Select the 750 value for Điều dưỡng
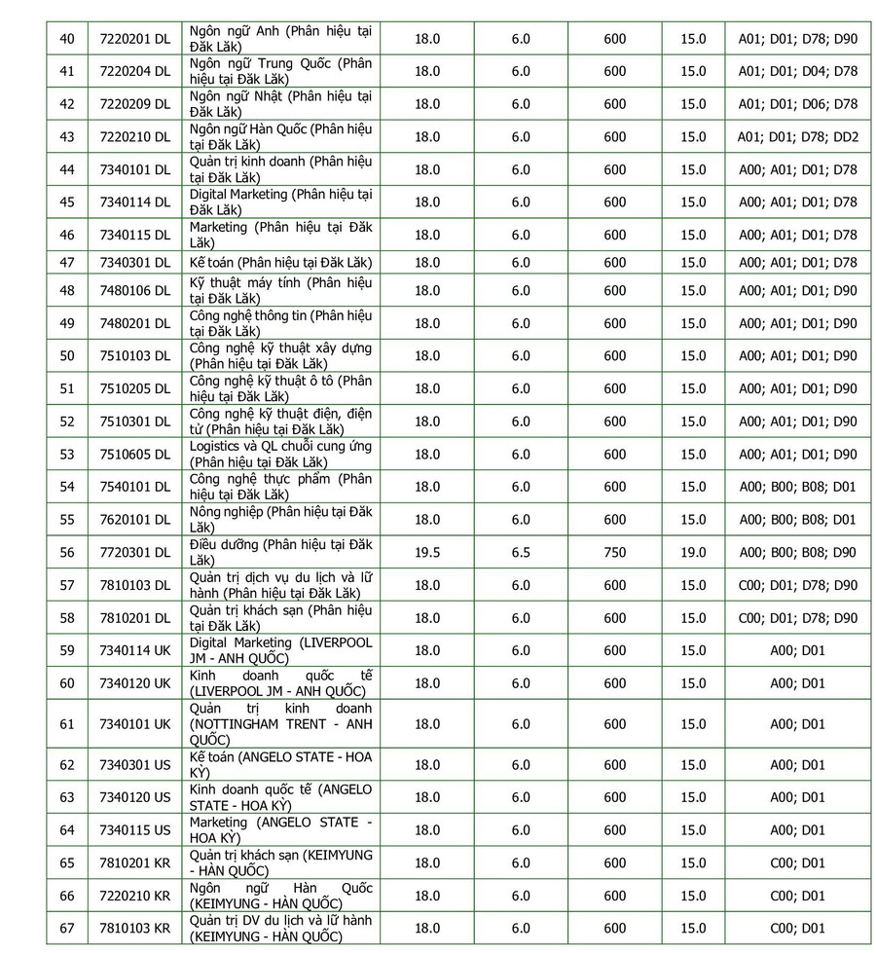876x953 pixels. coord(615,553)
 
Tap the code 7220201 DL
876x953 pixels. coord(135,39)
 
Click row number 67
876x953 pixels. coord(67,928)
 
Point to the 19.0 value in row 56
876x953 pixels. coord(693,553)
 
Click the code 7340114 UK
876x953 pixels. coord(135,650)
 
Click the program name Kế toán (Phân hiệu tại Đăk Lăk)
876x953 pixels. coord(280,263)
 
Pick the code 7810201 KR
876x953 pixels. coord(135,862)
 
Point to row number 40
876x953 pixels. coord(67,39)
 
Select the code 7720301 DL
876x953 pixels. coord(135,553)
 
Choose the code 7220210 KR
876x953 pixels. coord(135,896)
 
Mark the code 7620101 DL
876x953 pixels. coord(135,520)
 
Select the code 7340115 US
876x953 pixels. coord(135,830)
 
